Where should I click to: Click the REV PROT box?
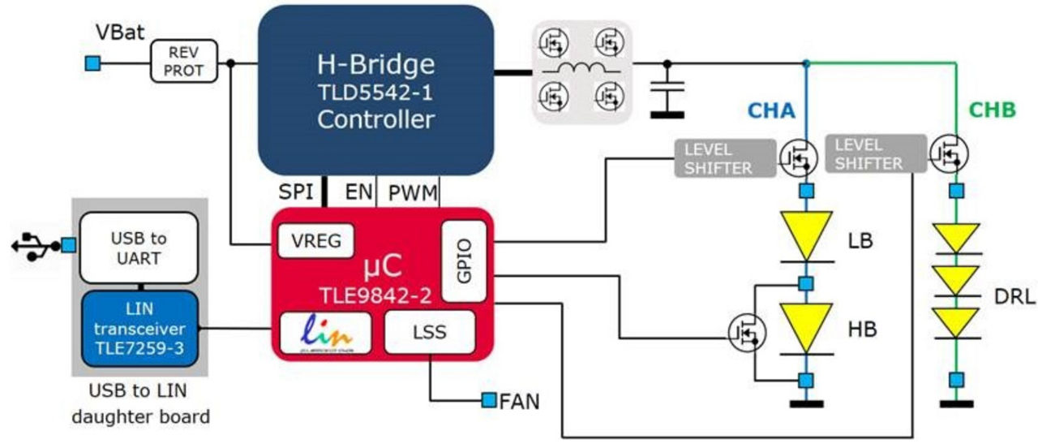coord(185,62)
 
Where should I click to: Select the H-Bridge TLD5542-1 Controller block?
coord(375,90)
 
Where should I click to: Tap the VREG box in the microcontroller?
coord(315,241)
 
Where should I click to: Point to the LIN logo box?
coord(325,333)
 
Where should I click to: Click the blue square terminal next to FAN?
coord(489,399)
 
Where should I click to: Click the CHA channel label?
coord(772,110)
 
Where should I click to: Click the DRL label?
coord(1014,298)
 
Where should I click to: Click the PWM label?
coord(413,193)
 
